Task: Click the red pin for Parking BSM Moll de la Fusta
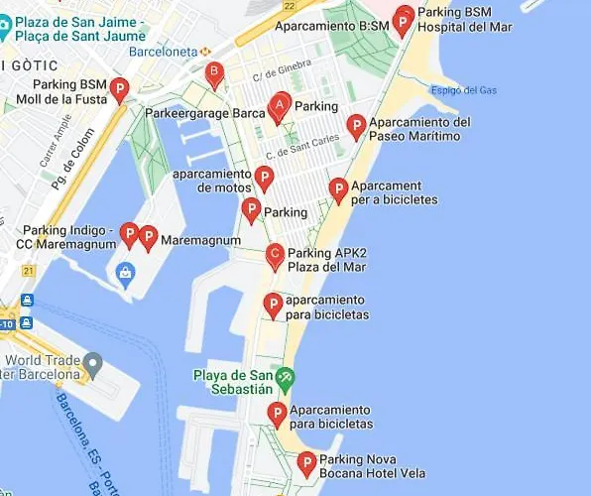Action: [x=119, y=89]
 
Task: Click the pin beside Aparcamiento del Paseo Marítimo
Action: [x=356, y=125]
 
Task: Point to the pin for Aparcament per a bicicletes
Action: [x=338, y=189]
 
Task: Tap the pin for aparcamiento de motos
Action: [x=264, y=178]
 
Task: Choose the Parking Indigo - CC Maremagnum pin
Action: [x=128, y=234]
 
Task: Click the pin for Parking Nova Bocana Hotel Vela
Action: [x=306, y=462]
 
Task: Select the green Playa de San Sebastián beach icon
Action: [x=286, y=377]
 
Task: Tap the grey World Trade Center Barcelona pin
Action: [x=93, y=365]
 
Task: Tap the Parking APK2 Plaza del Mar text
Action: [x=326, y=260]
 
